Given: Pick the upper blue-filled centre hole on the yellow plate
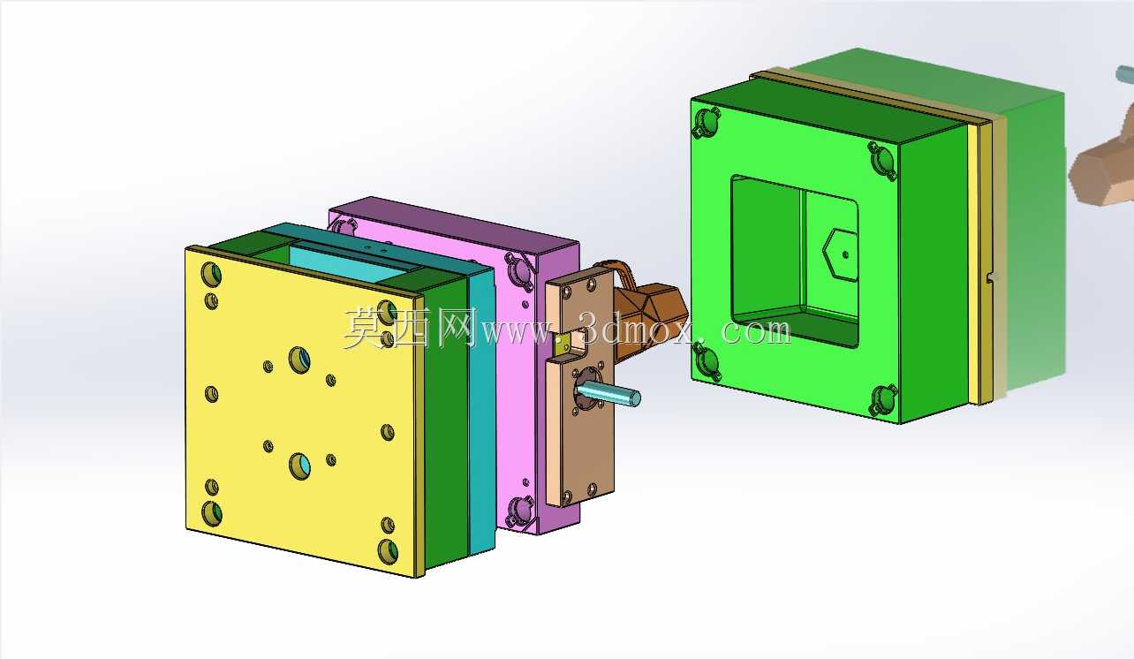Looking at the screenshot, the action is click(299, 360).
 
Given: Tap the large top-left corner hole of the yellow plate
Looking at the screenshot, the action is click(211, 274).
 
